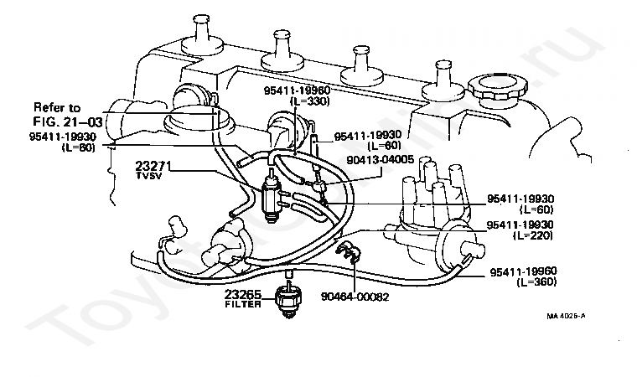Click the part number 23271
coord(153,166)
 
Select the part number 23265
coord(243,294)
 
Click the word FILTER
coord(243,304)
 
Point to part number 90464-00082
coord(355,297)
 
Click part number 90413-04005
coord(381,159)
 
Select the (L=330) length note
coord(309,101)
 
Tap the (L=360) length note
coord(536,281)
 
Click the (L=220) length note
coord(533,235)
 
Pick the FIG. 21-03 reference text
coord(68,121)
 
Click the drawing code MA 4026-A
coord(566,316)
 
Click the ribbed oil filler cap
coord(498,88)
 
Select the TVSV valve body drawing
coord(270,197)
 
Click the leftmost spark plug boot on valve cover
coord(202,36)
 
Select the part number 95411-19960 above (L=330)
coord(297,90)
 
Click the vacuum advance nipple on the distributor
coord(474,249)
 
